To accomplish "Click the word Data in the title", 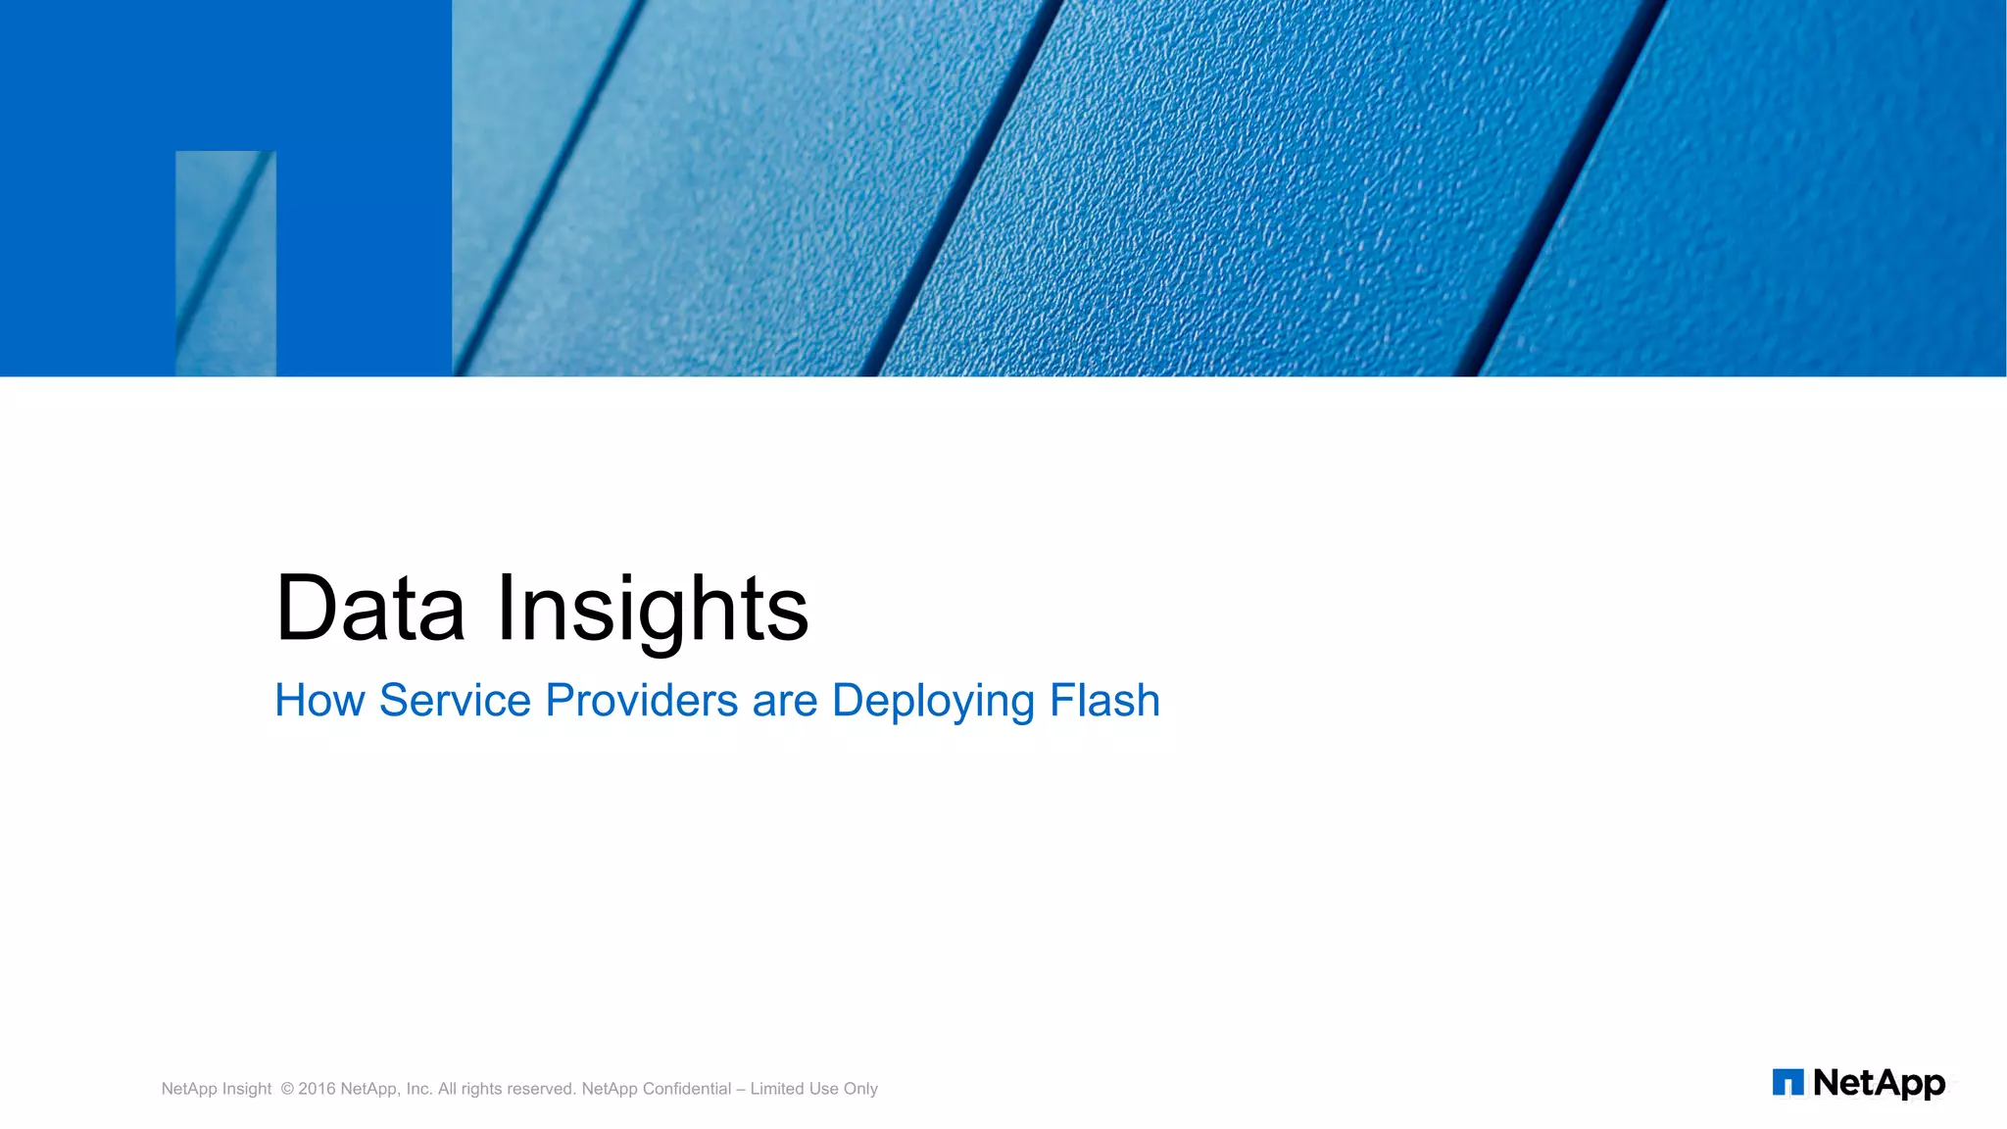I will [x=369, y=609].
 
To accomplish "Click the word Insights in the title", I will [x=653, y=609].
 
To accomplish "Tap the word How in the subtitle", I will [x=319, y=701].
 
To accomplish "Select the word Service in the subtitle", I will [x=455, y=701].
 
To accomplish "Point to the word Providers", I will [x=641, y=701].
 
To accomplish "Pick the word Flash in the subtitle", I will [x=1104, y=701].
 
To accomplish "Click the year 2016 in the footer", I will [x=317, y=1089].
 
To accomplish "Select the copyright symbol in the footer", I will [x=287, y=1089].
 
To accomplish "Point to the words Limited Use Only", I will [x=813, y=1089].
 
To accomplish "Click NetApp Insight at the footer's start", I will [x=216, y=1089].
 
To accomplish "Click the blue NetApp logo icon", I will [x=1787, y=1082].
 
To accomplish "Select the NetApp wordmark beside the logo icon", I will [x=1879, y=1083].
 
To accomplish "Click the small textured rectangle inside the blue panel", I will [x=225, y=263].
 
